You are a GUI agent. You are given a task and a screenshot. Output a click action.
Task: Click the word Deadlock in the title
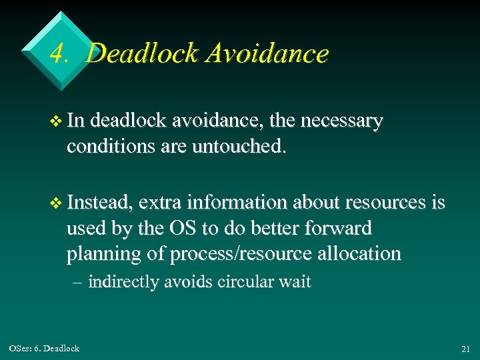click(x=143, y=53)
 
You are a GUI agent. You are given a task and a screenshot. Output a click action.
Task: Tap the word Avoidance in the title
click(x=267, y=53)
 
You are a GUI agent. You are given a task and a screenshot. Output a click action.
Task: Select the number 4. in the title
click(x=59, y=54)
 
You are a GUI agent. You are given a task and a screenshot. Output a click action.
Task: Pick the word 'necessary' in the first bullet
click(x=342, y=121)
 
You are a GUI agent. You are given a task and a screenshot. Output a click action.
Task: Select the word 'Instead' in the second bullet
click(x=101, y=203)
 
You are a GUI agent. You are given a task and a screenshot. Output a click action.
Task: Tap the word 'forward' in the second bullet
click(x=339, y=228)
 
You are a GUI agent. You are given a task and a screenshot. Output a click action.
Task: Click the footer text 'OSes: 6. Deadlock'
click(x=44, y=348)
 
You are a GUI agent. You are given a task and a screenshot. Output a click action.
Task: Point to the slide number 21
click(x=465, y=349)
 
